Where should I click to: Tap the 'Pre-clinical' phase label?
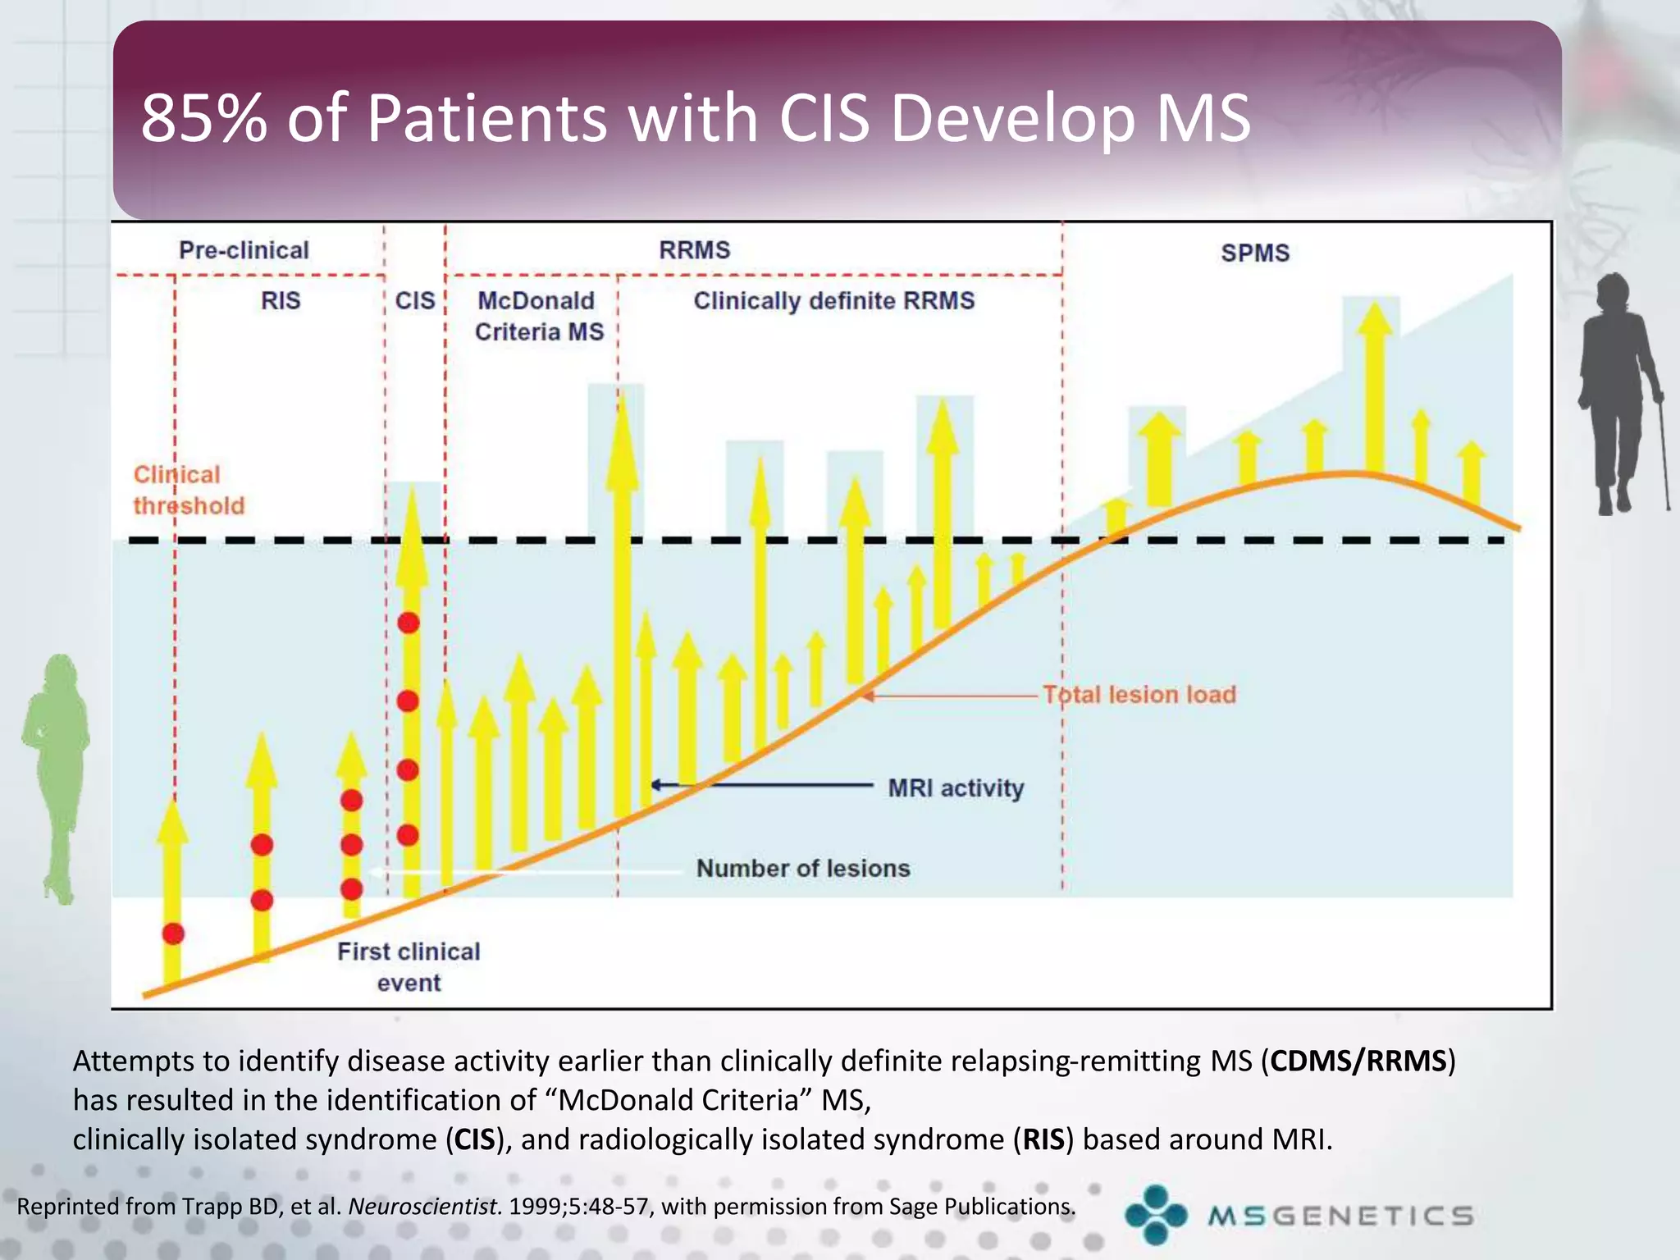(244, 250)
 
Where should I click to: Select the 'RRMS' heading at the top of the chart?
(694, 250)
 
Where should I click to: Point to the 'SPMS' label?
(1254, 253)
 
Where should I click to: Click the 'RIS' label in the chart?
(281, 301)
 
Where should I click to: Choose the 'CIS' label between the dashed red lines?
(415, 301)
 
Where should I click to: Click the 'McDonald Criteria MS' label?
(538, 317)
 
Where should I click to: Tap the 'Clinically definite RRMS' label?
(833, 301)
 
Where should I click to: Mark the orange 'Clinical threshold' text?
(188, 490)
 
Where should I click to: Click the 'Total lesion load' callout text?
(1139, 695)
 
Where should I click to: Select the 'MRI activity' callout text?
(956, 788)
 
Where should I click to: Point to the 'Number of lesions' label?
(802, 868)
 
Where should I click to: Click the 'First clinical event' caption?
(409, 966)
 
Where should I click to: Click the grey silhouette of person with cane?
(1620, 394)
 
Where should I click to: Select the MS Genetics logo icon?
(1156, 1214)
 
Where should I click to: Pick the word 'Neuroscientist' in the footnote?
(423, 1207)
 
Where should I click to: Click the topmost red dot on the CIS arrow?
(409, 623)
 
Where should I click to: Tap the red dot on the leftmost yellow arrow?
(173, 934)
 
